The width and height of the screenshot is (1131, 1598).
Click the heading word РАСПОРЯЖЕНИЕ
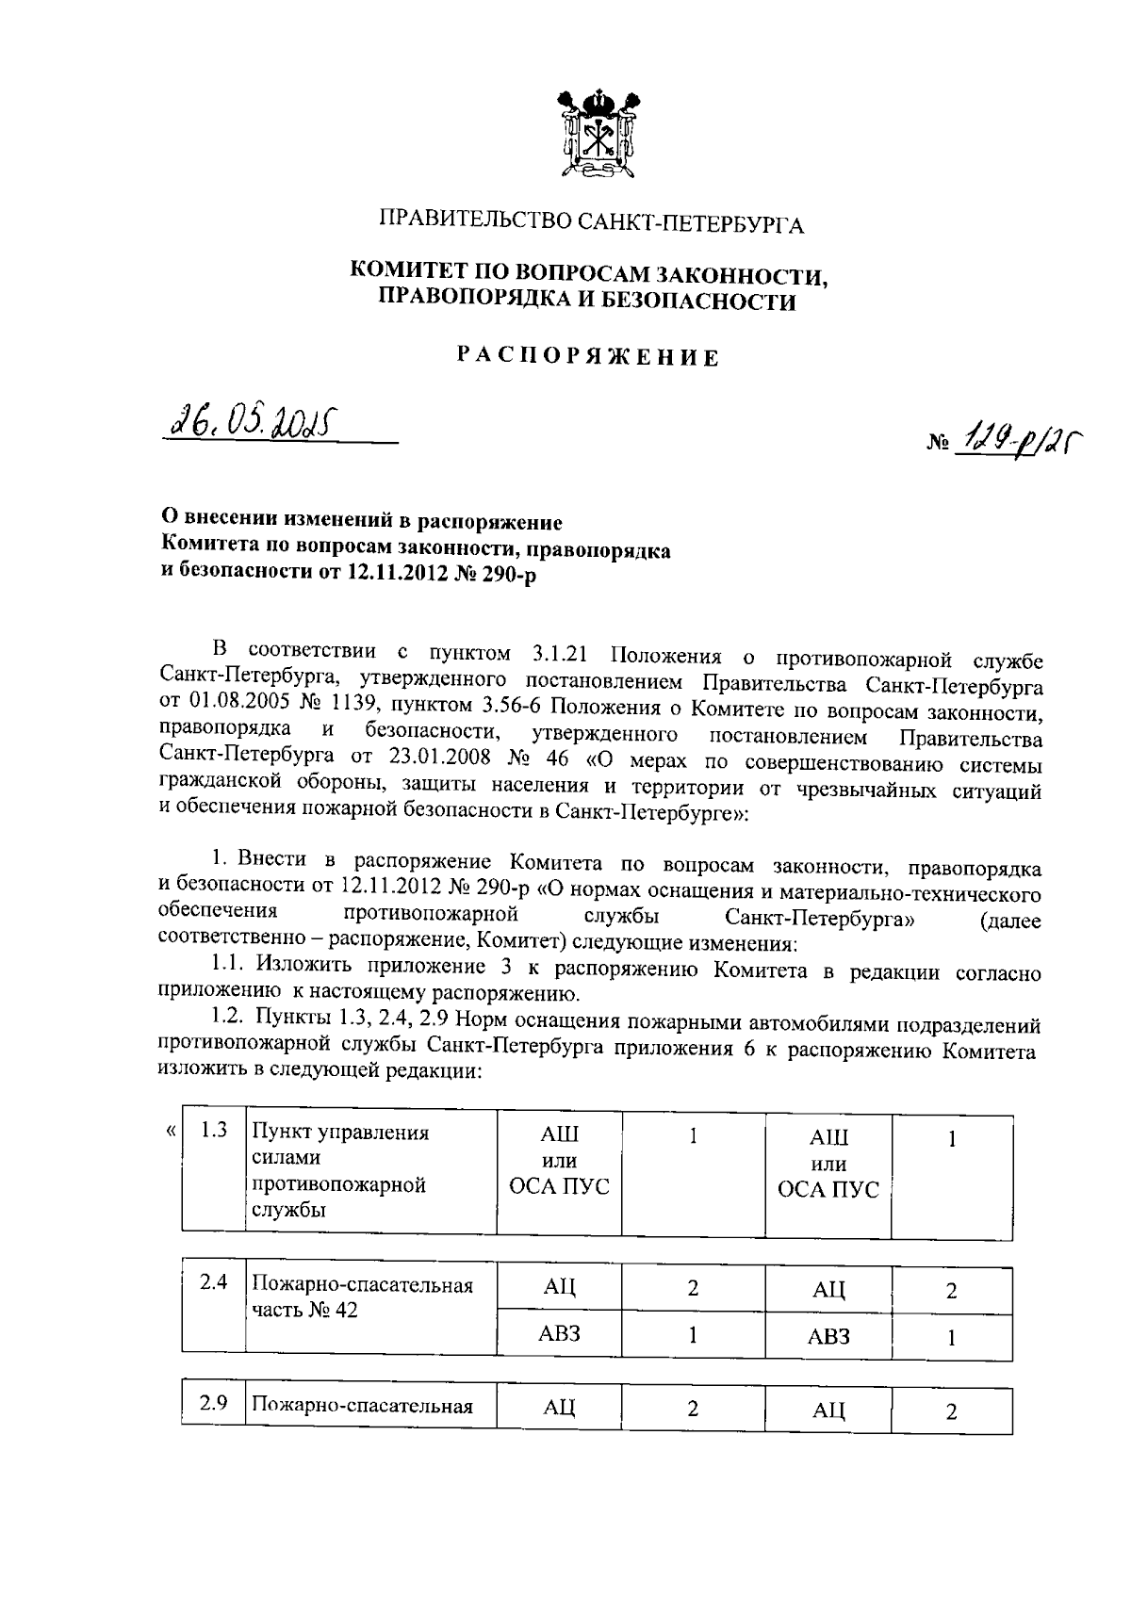589,357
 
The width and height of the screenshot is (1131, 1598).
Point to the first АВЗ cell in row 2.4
559,1333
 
